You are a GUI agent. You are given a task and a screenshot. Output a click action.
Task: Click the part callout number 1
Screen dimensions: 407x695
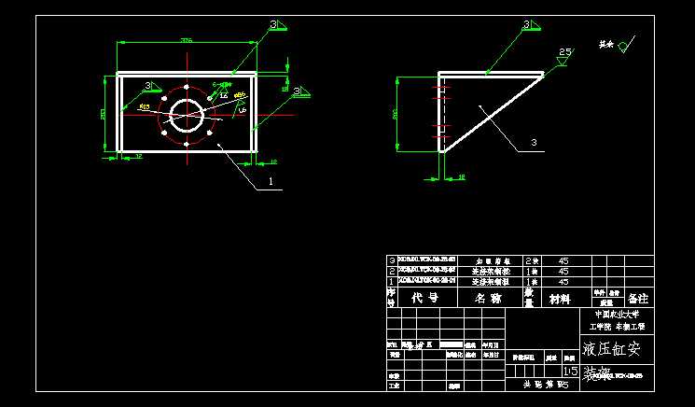coord(271,182)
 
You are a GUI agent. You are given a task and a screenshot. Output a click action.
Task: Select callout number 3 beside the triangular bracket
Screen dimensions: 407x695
coord(534,143)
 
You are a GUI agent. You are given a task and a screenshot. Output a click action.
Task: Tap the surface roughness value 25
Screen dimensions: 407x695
coord(564,52)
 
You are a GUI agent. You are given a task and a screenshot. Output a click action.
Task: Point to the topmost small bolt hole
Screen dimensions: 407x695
coord(188,88)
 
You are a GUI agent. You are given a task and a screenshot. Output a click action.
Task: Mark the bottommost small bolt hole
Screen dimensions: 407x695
coord(188,144)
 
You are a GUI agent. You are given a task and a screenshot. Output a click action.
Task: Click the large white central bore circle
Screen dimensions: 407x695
coord(188,116)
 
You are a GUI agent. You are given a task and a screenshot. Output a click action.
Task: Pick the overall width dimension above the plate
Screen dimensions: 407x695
coord(186,41)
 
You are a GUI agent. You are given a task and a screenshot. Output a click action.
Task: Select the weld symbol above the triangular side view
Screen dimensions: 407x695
coord(527,25)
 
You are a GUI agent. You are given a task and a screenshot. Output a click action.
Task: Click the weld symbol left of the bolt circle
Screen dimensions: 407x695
coord(148,86)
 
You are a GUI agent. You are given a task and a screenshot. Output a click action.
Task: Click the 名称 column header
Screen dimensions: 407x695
coord(488,298)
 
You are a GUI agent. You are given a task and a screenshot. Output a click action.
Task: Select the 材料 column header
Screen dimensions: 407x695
coord(559,299)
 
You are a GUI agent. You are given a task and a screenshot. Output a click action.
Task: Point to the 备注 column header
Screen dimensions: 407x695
coord(638,298)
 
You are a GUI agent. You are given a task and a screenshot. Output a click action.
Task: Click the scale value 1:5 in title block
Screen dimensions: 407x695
coord(570,371)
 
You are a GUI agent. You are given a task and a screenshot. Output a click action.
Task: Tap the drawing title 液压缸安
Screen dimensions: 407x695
coord(612,350)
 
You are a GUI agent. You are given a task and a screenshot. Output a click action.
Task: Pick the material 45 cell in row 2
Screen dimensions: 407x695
coord(563,271)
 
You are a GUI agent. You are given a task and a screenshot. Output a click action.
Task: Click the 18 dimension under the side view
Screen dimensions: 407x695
coord(461,175)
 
